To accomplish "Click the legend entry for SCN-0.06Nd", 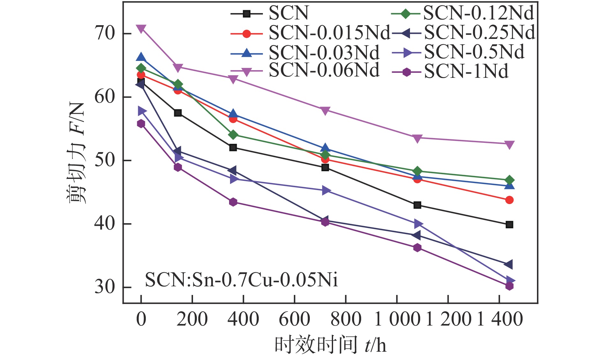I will coord(324,70).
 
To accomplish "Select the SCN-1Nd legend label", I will coord(466,71).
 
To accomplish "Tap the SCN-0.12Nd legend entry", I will coord(478,13).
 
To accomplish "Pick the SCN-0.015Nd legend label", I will coord(329,33).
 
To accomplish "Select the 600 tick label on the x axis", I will coord(294,319).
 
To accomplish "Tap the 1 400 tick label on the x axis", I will coord(500,319).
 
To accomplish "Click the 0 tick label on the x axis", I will coord(141,319).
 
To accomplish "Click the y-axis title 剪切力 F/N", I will coord(76,153).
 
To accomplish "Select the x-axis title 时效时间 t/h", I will coord(330,345).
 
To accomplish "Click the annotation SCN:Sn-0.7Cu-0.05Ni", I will coord(241,280).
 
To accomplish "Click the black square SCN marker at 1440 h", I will coord(509,225).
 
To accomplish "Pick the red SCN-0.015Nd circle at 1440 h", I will coord(509,200).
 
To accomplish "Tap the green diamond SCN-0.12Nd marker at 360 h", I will coord(233,135).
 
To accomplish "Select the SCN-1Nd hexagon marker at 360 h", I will coord(233,202).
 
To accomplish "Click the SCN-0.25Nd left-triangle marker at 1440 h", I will coord(508,264).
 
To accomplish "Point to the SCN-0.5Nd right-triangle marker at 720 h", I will coord(326,191).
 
